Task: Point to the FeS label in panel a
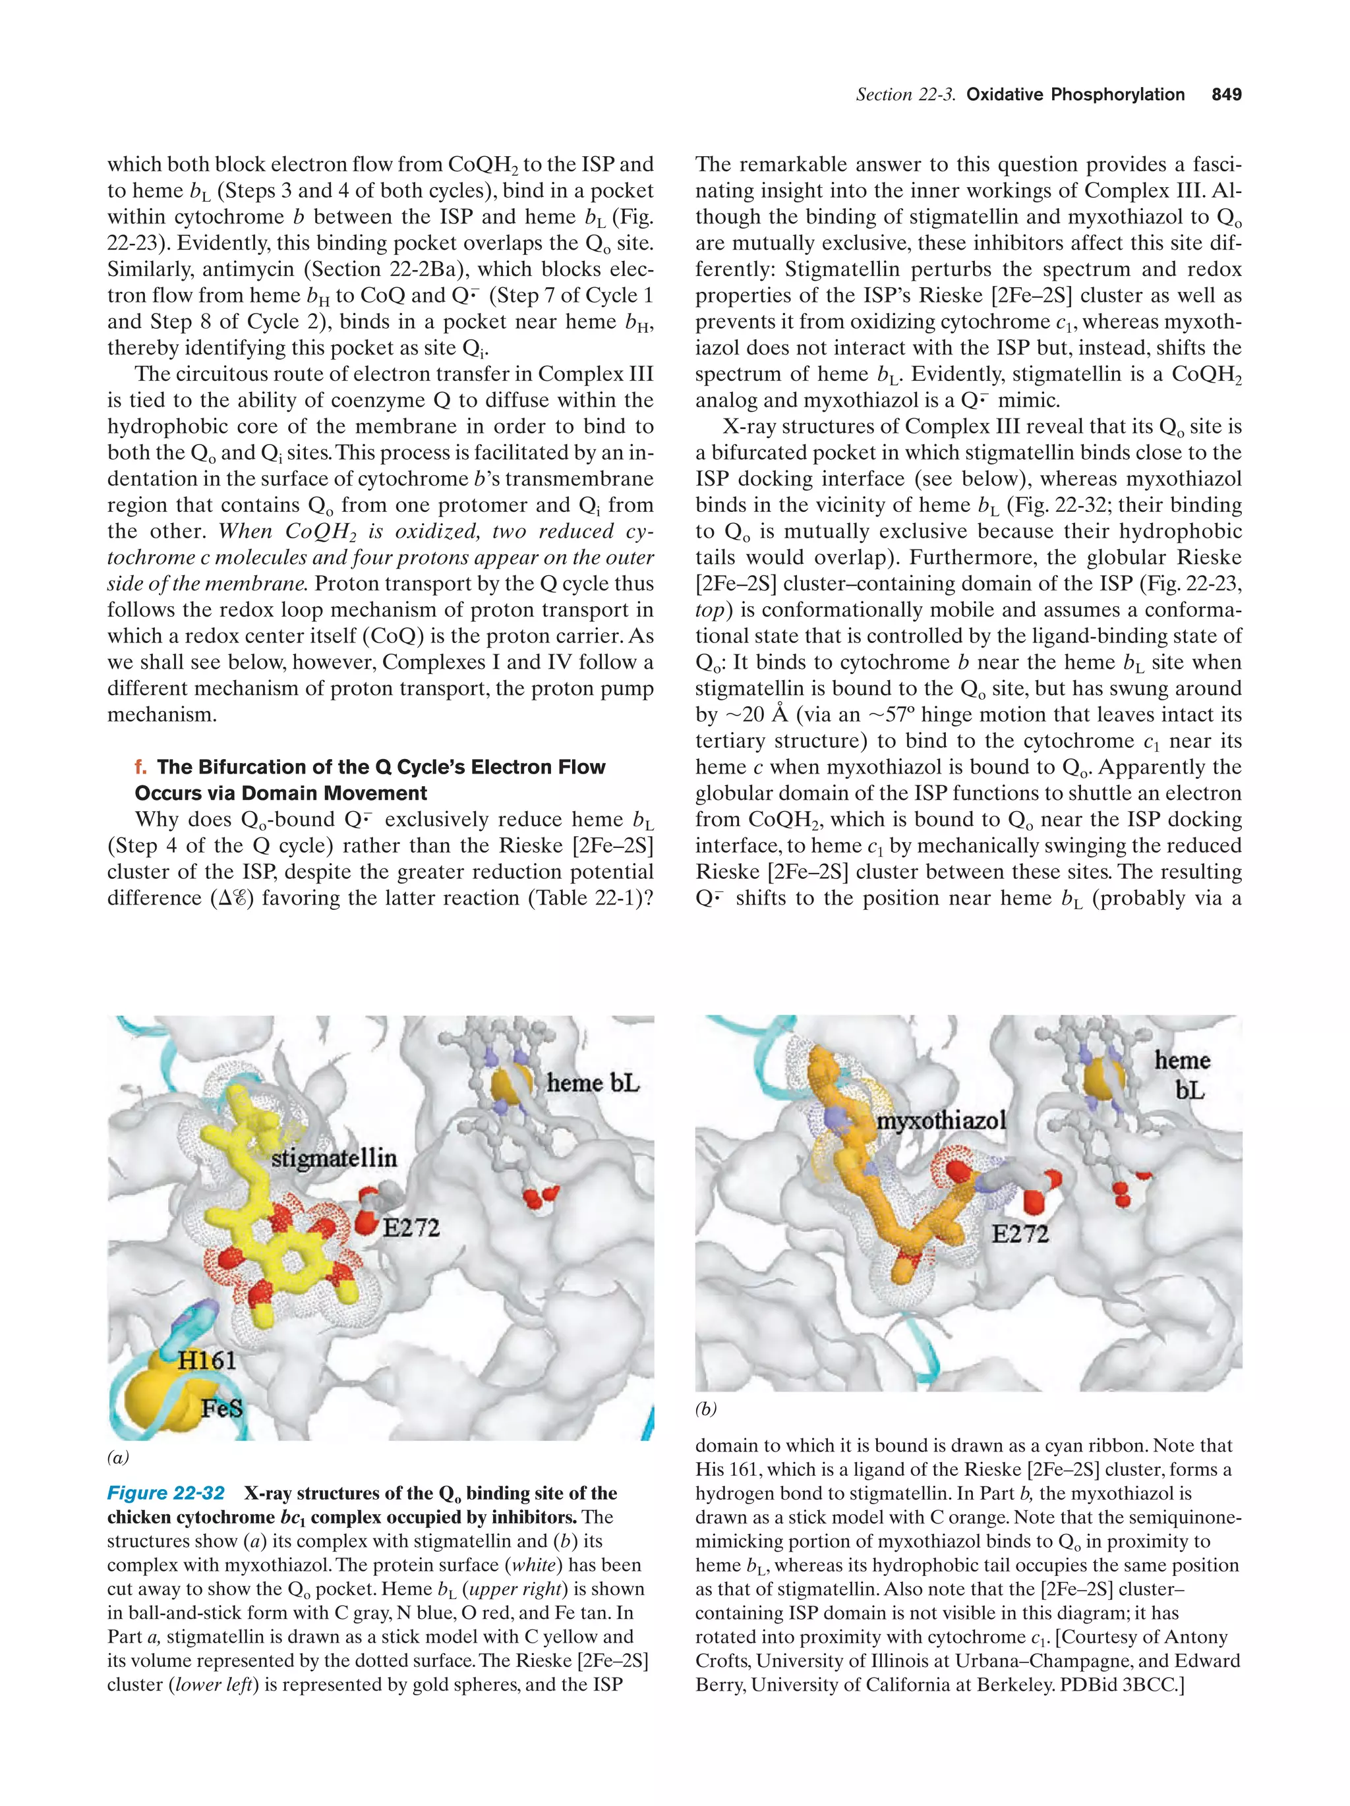coord(222,1409)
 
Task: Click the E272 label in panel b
coord(1019,1233)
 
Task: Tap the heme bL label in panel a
coord(593,1083)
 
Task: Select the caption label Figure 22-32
coord(166,1493)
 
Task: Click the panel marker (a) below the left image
coord(119,1457)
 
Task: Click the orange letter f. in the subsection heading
coord(141,768)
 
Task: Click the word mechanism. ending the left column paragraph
coord(161,715)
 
